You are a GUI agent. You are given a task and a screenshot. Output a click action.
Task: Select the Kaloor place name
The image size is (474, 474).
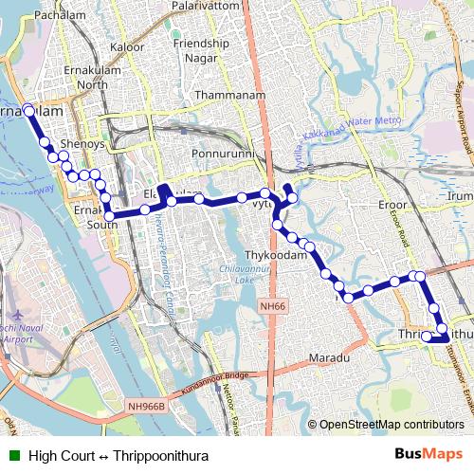[127, 46]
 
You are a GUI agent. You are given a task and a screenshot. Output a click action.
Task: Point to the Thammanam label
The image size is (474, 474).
[227, 96]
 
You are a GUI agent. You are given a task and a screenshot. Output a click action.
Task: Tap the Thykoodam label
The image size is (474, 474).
[278, 256]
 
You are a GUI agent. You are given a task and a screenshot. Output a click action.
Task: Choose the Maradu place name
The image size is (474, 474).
[330, 359]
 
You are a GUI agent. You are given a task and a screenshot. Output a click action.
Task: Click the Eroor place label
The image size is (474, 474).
[392, 205]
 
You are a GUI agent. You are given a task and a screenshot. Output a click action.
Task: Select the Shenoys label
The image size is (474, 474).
[82, 144]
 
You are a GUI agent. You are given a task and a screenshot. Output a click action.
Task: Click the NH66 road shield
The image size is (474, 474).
[273, 306]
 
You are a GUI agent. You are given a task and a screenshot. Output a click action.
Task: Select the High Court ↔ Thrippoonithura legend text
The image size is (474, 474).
[118, 455]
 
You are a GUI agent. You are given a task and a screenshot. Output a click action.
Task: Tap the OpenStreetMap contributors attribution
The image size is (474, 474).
[392, 425]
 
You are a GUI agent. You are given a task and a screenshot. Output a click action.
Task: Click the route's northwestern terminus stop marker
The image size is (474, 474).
[28, 110]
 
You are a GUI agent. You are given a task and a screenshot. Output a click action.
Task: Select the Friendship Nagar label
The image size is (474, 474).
[201, 49]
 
